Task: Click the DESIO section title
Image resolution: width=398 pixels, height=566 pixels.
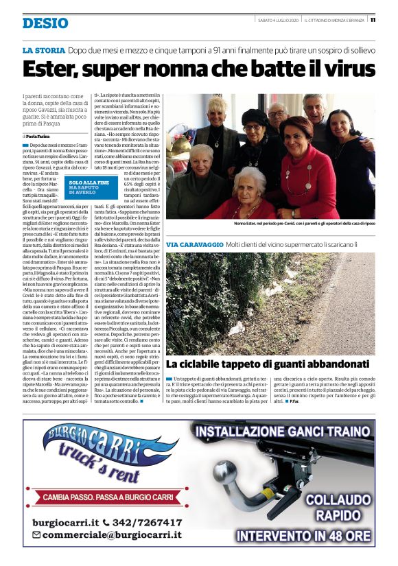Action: coord(45,23)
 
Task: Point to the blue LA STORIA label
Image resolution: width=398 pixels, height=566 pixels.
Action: coord(43,50)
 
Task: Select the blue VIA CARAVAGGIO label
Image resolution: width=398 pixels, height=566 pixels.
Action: coord(195,245)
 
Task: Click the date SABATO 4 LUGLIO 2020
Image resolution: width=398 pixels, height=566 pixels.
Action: coord(277,19)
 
